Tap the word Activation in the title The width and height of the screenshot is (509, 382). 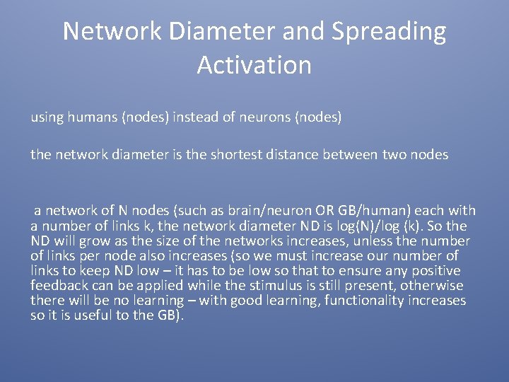(254, 65)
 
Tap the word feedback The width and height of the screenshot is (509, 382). (58, 286)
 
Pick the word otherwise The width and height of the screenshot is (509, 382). (433, 286)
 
